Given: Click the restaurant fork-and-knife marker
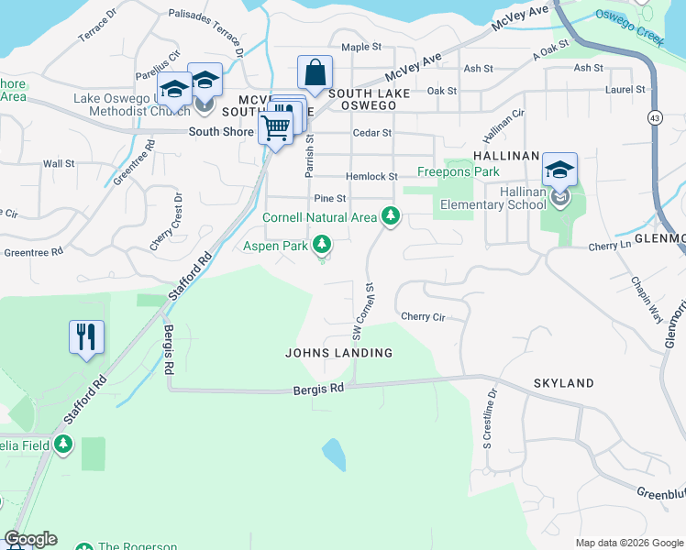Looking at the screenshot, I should pos(86,337).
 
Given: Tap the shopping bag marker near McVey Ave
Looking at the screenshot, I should pos(315,72).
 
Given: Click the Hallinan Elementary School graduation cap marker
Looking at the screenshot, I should pos(559,170).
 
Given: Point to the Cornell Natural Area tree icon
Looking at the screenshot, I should pos(392,216).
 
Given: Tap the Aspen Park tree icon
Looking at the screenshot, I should pos(321,245).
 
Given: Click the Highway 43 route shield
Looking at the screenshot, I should pos(655,117).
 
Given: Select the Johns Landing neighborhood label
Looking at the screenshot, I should pos(338,353).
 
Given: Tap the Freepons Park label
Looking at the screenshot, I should pos(459,171).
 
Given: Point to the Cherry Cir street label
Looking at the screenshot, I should pos(422,317).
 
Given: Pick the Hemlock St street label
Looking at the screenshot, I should pos(371,176).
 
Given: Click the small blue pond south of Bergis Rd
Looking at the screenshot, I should pos(334,454).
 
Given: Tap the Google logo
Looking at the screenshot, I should pos(30,539).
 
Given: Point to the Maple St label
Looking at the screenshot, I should pos(361,48).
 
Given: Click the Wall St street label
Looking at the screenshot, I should pos(59,163).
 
